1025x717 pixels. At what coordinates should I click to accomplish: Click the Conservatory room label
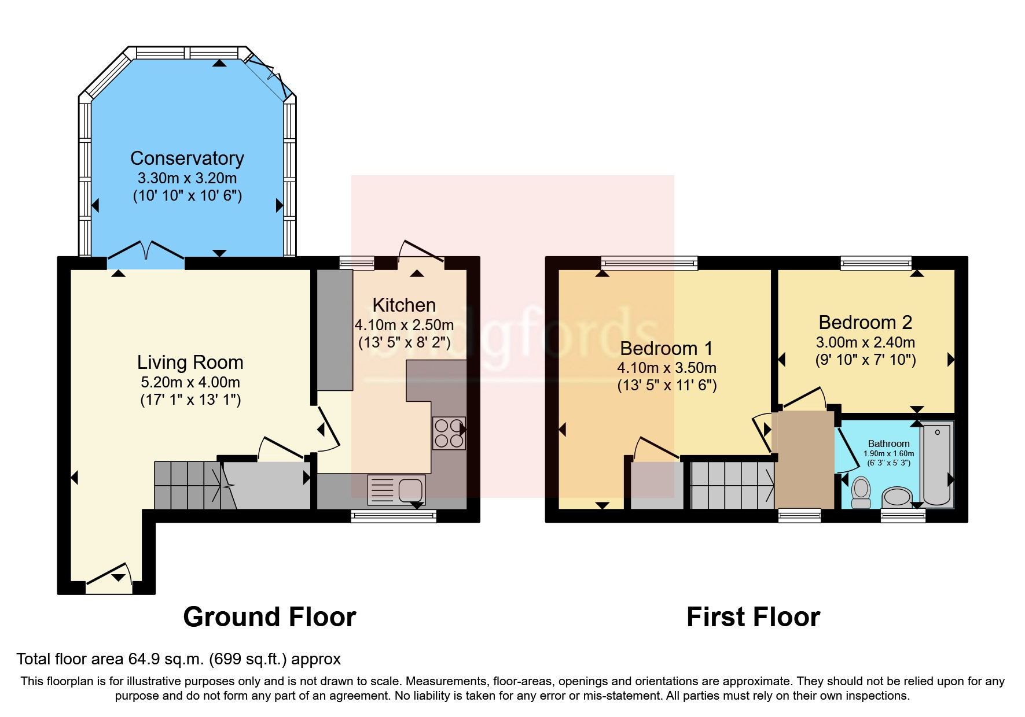coord(187,158)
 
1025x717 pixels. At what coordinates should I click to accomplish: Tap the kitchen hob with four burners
coord(449,434)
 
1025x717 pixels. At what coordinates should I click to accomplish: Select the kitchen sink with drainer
coord(396,489)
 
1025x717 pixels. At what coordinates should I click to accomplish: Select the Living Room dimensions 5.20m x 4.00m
coord(190,382)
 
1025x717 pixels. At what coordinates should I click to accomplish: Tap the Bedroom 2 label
coord(865,322)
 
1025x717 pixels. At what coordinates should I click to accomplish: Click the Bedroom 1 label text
coord(666,348)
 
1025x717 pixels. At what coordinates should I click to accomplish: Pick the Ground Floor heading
coord(269,617)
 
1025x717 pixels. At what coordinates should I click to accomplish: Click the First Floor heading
coord(753,617)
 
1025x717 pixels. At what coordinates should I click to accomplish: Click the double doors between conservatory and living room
coord(146,253)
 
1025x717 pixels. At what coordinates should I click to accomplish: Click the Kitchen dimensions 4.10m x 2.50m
coord(404,325)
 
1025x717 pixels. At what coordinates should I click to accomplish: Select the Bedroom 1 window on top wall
coord(649,264)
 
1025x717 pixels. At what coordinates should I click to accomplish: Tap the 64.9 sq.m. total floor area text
coord(178,659)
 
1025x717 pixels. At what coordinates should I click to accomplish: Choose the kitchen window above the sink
coord(394,516)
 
